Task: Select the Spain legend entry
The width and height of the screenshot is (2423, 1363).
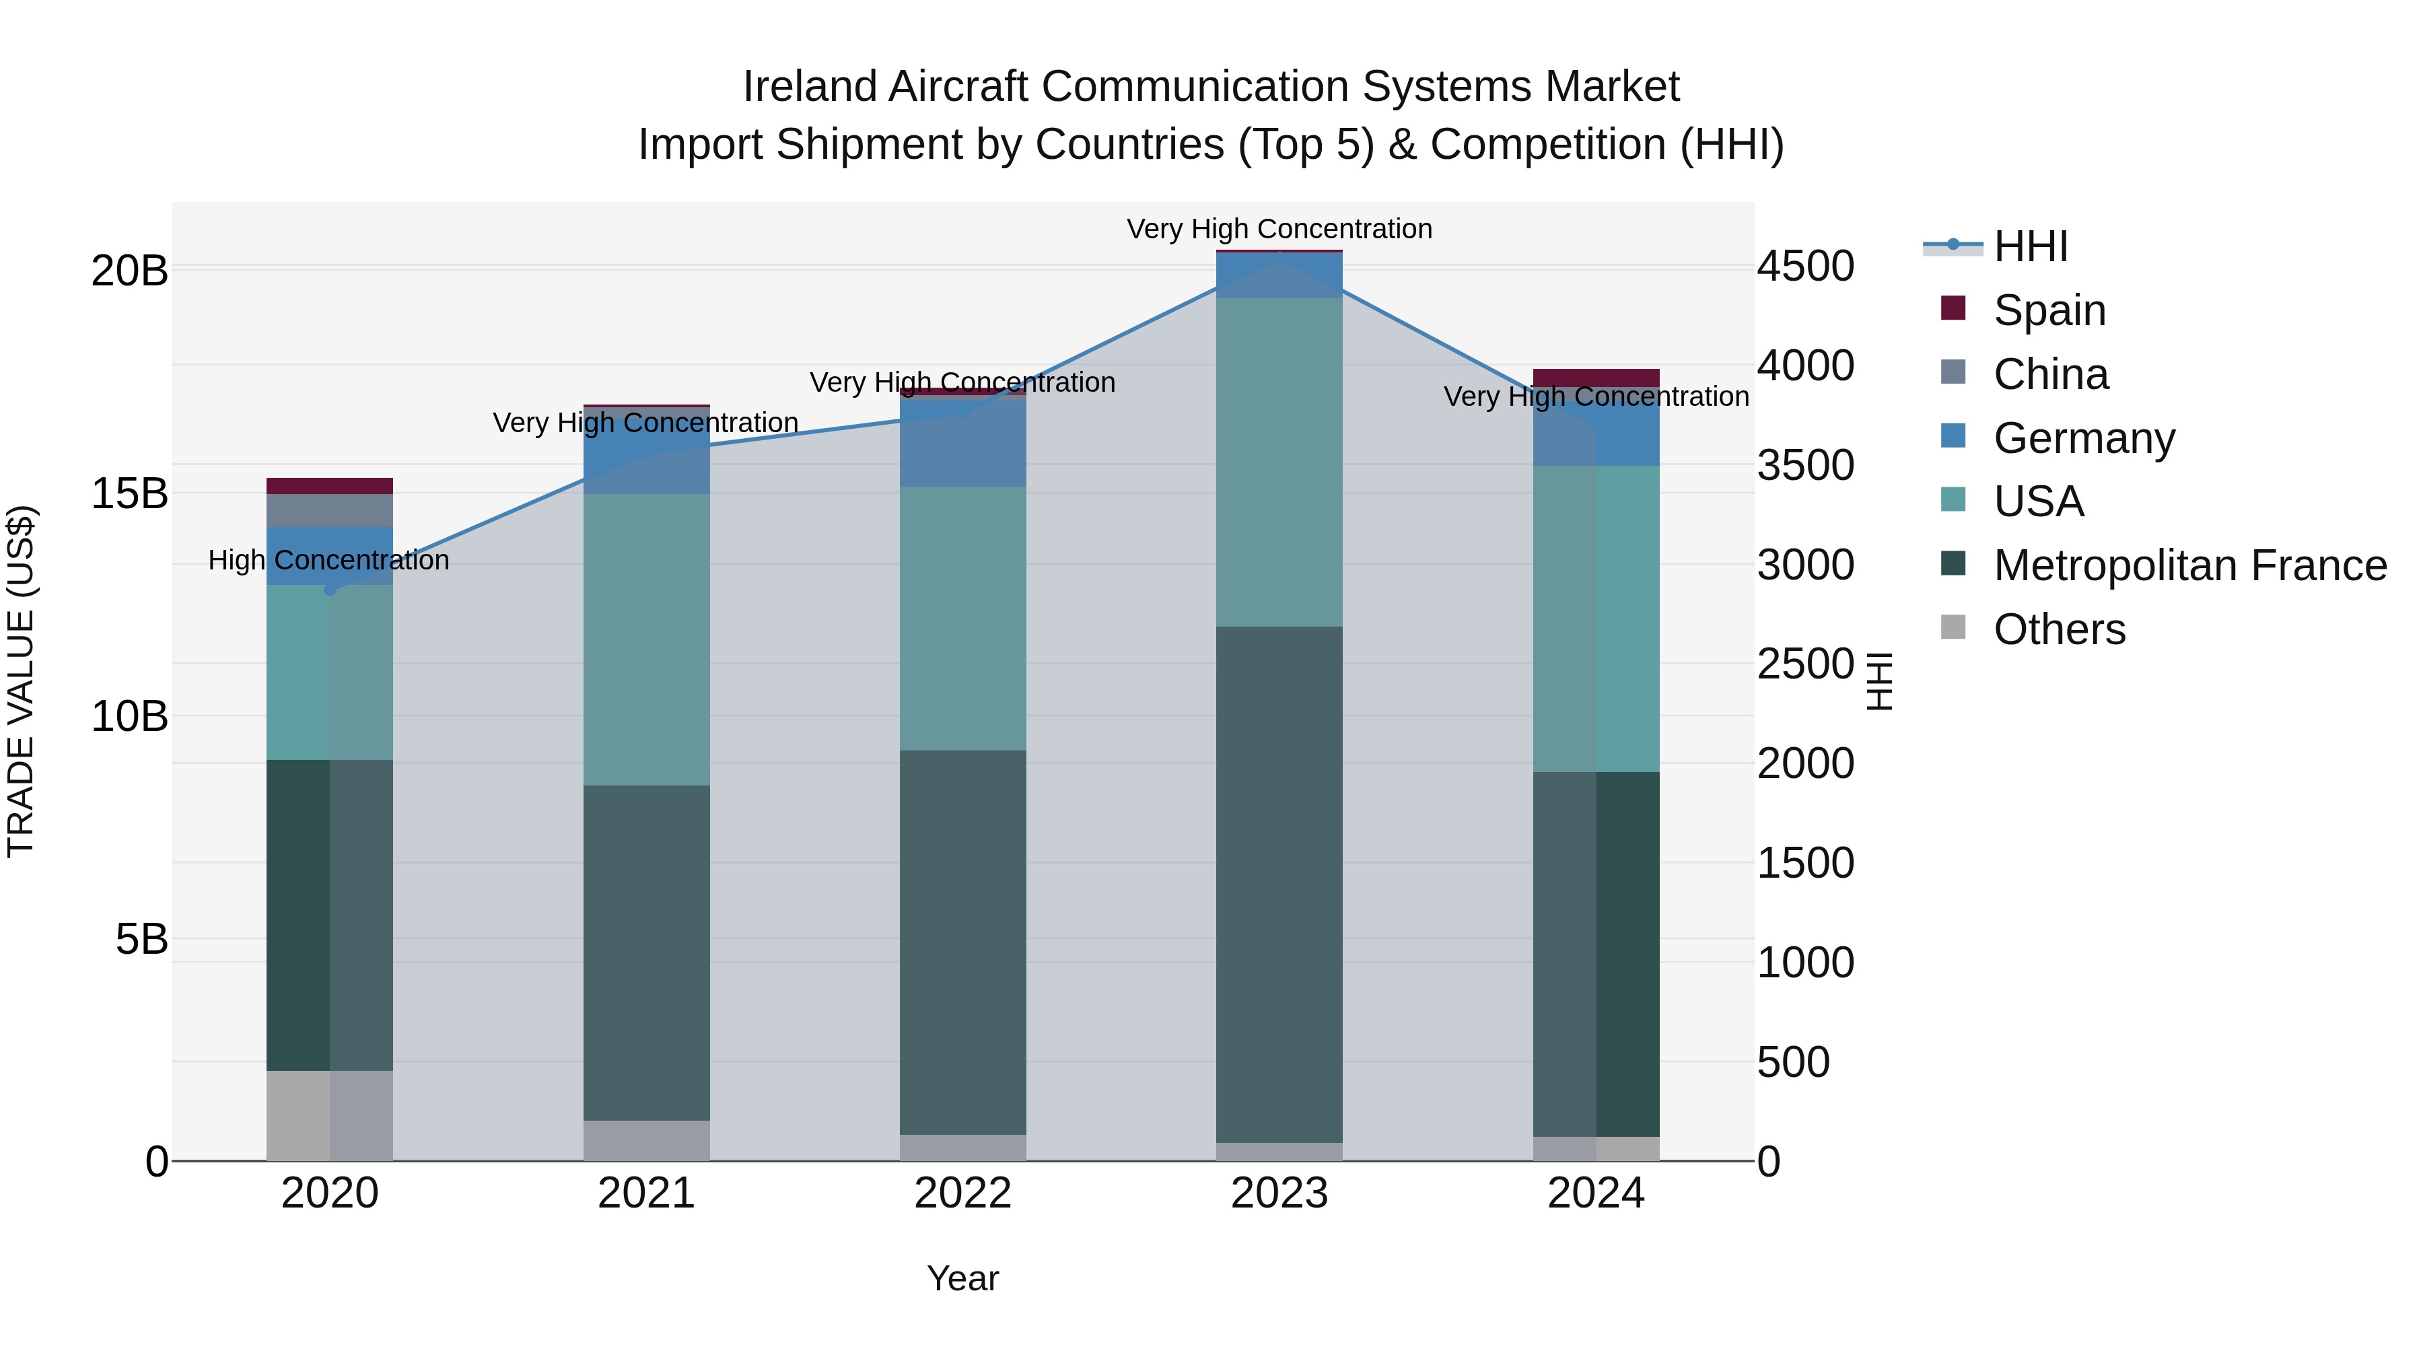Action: click(2049, 310)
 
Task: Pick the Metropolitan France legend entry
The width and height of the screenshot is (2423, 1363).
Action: click(2189, 566)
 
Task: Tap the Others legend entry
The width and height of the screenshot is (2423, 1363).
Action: click(2059, 630)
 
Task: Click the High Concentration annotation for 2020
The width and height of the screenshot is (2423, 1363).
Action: click(328, 561)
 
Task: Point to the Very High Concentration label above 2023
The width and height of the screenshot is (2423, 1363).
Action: click(1279, 230)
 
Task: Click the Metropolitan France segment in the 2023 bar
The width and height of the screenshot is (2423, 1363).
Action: click(1279, 884)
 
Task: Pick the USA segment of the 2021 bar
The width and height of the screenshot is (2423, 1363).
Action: click(646, 639)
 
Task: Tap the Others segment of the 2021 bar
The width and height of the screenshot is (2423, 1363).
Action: click(646, 1140)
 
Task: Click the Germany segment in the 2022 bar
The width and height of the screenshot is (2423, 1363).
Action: click(962, 442)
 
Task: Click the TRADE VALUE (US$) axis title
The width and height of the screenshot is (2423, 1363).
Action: click(21, 681)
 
